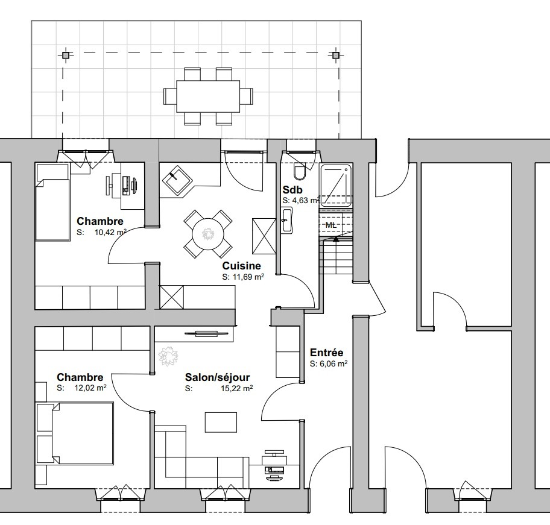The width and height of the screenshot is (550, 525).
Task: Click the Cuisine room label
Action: tap(241, 266)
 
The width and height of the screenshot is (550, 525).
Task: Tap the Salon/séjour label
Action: tap(218, 377)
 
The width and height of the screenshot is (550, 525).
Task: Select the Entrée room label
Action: tap(326, 353)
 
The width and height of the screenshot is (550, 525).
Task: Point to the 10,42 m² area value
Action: tap(110, 231)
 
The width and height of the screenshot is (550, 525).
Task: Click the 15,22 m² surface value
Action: tap(238, 388)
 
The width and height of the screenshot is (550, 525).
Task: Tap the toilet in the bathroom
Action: tap(300, 173)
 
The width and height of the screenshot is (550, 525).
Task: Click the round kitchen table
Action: tap(207, 232)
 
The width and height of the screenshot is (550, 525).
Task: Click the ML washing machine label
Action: tap(331, 225)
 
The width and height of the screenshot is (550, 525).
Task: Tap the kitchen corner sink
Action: tap(178, 179)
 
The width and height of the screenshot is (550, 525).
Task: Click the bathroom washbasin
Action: tap(286, 221)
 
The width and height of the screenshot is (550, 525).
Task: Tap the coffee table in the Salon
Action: tap(221, 422)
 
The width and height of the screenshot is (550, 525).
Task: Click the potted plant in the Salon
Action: tap(168, 355)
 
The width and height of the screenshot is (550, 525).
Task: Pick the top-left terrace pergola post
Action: tap(65, 55)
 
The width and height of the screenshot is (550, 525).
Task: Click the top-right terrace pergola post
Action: tap(336, 55)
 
